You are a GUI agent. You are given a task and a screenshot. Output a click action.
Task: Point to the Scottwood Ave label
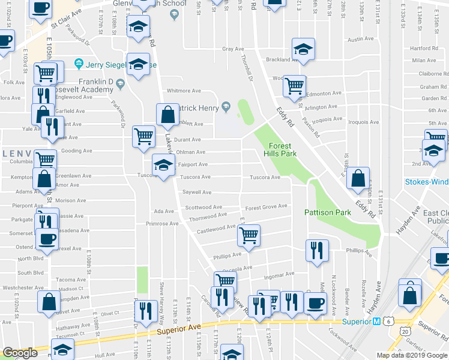[203, 207]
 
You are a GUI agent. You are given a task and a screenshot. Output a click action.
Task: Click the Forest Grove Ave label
[266, 207]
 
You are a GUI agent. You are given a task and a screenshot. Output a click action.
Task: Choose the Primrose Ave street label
[162, 224]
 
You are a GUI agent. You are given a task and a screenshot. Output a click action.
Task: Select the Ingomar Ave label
[280, 275]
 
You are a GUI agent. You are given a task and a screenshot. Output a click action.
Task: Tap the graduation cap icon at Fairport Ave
[163, 164]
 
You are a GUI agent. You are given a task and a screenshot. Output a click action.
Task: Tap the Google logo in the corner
[20, 353]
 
